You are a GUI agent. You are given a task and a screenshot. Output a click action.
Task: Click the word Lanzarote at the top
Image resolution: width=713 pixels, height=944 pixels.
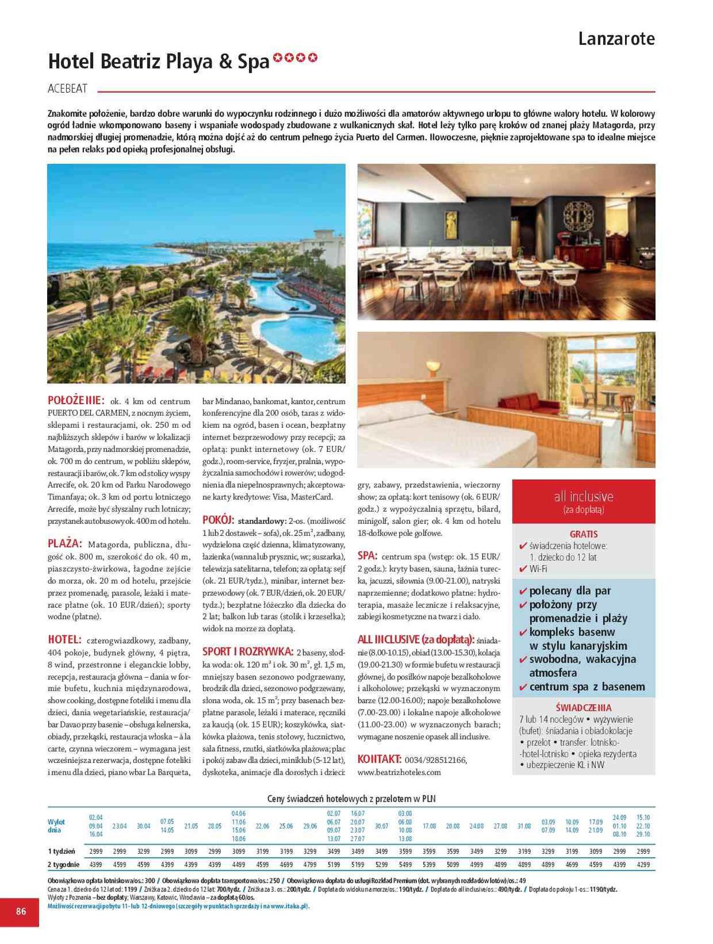click(x=616, y=39)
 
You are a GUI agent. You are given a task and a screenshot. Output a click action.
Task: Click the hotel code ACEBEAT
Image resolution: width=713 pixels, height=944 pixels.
click(x=67, y=88)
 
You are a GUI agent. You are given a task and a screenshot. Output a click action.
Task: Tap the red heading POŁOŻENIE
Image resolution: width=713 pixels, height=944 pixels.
click(x=76, y=400)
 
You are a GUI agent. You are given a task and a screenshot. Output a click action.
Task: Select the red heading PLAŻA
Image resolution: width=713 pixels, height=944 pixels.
click(x=64, y=543)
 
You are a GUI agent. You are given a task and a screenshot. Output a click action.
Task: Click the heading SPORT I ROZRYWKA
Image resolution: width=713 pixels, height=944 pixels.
click(x=248, y=651)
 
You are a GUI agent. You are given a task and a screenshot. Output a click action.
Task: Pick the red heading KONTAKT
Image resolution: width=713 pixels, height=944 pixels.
click(x=380, y=759)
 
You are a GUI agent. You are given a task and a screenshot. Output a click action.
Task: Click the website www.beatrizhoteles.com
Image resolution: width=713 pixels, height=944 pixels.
click(x=399, y=772)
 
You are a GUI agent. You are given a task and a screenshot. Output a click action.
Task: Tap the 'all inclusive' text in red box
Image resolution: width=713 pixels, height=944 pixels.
click(x=583, y=496)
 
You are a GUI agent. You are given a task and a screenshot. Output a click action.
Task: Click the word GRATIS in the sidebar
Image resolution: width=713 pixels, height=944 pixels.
click(x=583, y=534)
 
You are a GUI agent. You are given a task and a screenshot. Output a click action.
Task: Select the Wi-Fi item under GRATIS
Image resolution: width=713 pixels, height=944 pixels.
click(x=538, y=569)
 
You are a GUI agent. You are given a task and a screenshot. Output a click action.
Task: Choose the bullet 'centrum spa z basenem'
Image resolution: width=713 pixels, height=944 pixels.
click(x=587, y=687)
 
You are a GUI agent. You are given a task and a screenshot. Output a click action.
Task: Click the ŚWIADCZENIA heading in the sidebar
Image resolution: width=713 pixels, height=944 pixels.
click(x=583, y=707)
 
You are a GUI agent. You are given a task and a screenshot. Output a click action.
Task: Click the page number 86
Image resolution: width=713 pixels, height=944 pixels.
click(x=21, y=911)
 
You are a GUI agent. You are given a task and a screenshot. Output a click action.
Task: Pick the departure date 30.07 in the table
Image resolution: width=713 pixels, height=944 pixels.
click(x=381, y=826)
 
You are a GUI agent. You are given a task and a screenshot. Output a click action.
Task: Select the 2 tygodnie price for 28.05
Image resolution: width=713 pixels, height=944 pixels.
click(x=214, y=864)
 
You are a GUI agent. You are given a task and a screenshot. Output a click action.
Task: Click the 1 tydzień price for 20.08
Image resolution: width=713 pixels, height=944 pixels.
click(x=453, y=851)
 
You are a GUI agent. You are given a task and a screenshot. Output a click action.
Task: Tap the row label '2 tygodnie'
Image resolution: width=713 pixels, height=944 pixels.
click(x=64, y=864)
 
